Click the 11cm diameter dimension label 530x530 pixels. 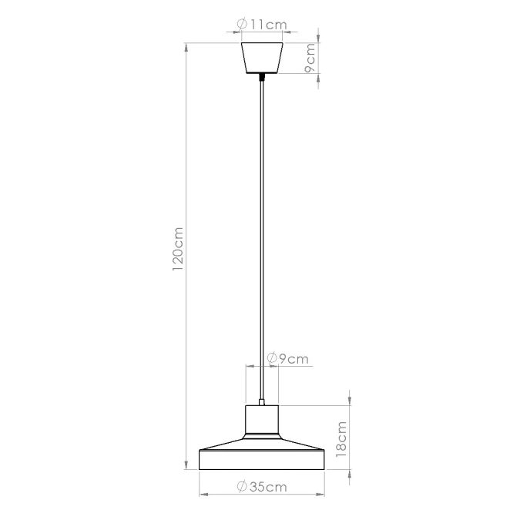point(263,25)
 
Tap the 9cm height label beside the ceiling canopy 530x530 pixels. point(310,59)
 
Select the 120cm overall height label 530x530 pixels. point(178,251)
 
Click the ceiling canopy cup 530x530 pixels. point(263,59)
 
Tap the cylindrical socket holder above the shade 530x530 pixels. point(263,421)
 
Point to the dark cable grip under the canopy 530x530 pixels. point(263,78)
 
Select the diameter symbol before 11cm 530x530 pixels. point(243,25)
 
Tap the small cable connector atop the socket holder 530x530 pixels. point(263,401)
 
